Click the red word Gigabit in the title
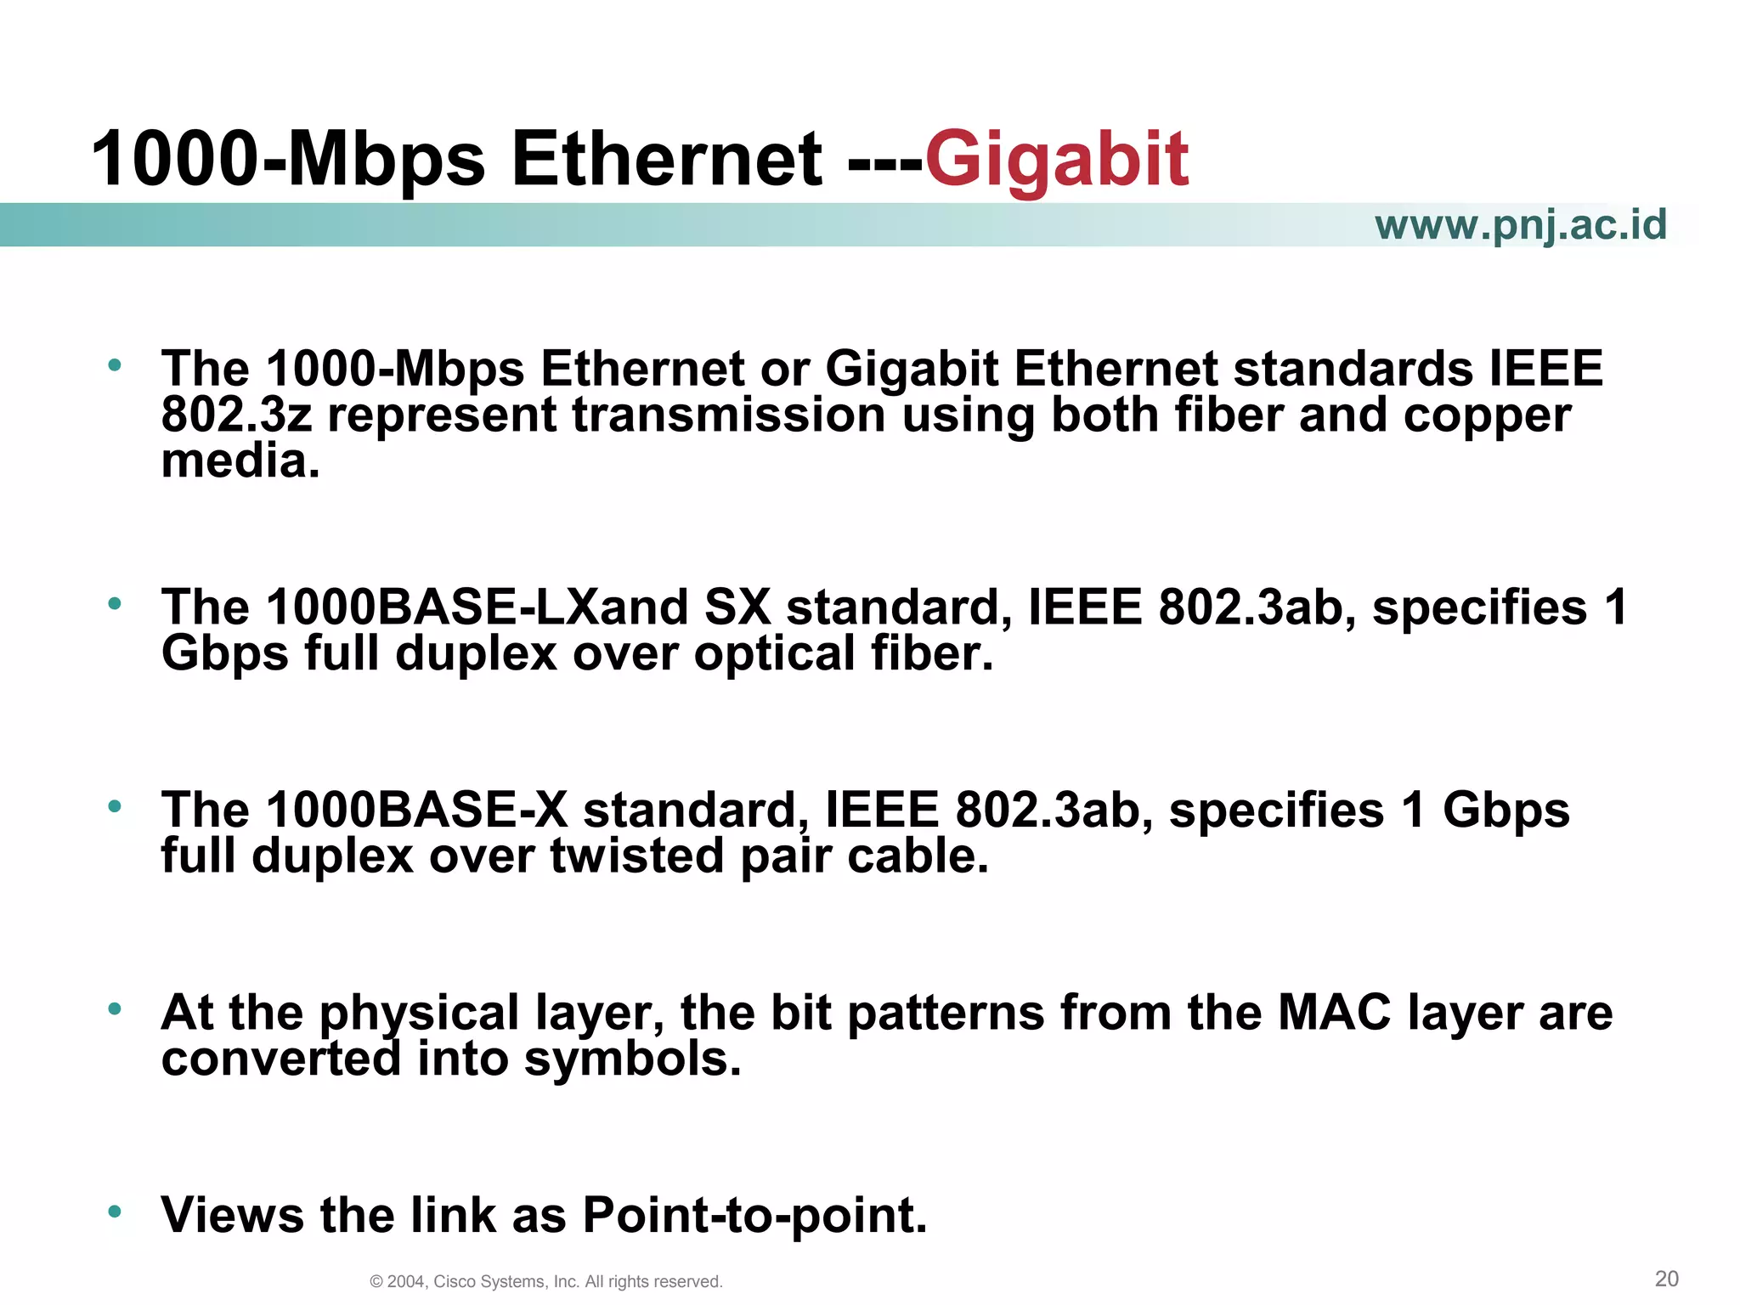[1056, 160]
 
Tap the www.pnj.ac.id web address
[1520, 225]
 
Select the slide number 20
[1666, 1278]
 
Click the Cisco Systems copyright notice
[546, 1281]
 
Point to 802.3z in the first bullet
[236, 415]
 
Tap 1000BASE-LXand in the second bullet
[477, 607]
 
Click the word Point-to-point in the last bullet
[754, 1215]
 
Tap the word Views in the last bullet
[232, 1215]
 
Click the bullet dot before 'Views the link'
[115, 1210]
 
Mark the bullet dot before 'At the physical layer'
[115, 1008]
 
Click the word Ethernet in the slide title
[667, 160]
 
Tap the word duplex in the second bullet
[476, 654]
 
